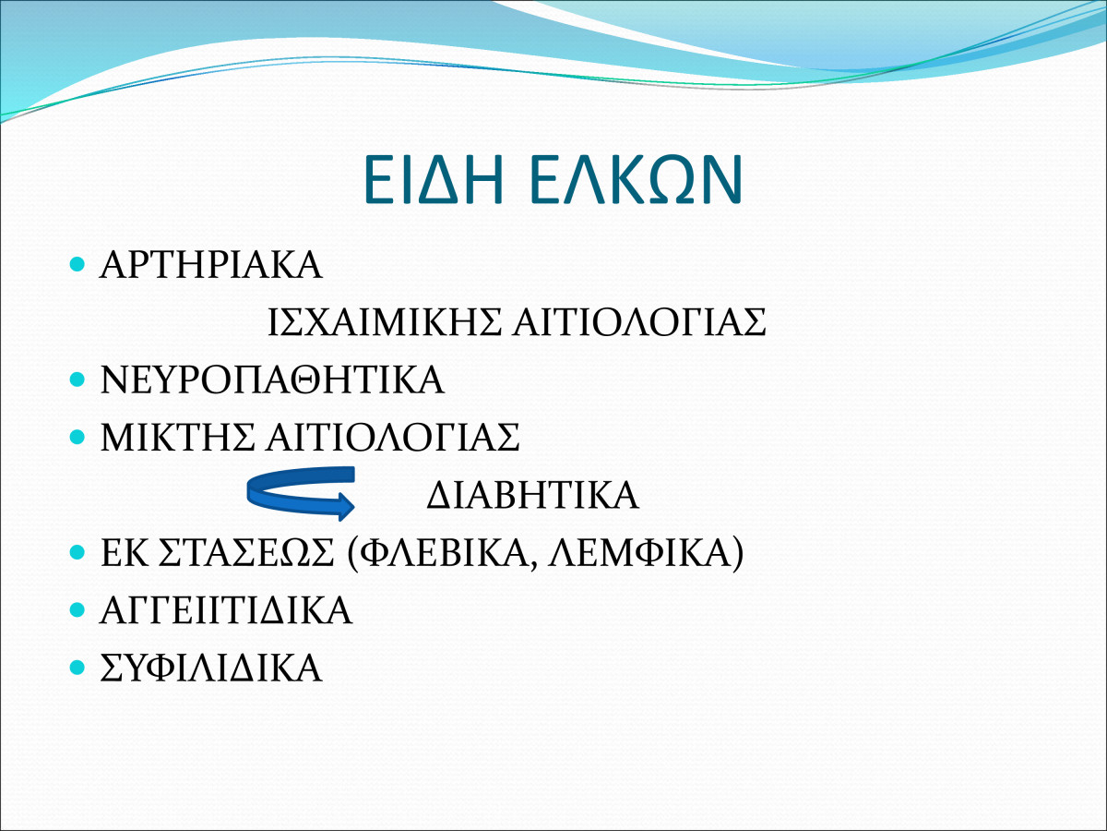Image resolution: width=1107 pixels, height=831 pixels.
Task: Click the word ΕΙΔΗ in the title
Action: click(434, 180)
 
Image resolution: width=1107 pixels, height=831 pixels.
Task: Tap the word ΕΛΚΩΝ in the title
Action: click(636, 180)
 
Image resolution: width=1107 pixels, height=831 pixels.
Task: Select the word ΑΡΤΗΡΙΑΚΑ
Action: click(211, 265)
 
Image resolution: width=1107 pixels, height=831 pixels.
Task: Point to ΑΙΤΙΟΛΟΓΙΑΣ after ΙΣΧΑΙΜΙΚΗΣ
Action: click(639, 322)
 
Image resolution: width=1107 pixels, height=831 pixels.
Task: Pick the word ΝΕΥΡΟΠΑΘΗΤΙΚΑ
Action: click(272, 379)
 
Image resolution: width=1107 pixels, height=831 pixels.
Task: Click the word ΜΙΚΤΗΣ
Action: click(177, 437)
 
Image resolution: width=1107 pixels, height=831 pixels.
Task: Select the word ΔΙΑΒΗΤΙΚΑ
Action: click(532, 495)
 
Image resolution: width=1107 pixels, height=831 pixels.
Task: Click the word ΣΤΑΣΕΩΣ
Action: click(245, 552)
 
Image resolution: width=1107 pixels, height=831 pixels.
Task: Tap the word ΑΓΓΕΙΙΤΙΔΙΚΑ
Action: click(226, 610)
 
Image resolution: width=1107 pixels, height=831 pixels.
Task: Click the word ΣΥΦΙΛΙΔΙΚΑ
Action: click(211, 668)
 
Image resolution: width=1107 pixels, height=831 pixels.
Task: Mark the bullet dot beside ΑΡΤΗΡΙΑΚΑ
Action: click(77, 264)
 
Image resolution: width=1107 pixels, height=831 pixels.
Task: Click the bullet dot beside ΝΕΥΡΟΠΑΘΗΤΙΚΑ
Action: click(77, 379)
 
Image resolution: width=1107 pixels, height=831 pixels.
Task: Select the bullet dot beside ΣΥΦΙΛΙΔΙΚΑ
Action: click(77, 667)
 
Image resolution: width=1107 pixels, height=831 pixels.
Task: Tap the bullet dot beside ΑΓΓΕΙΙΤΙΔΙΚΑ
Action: click(77, 609)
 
